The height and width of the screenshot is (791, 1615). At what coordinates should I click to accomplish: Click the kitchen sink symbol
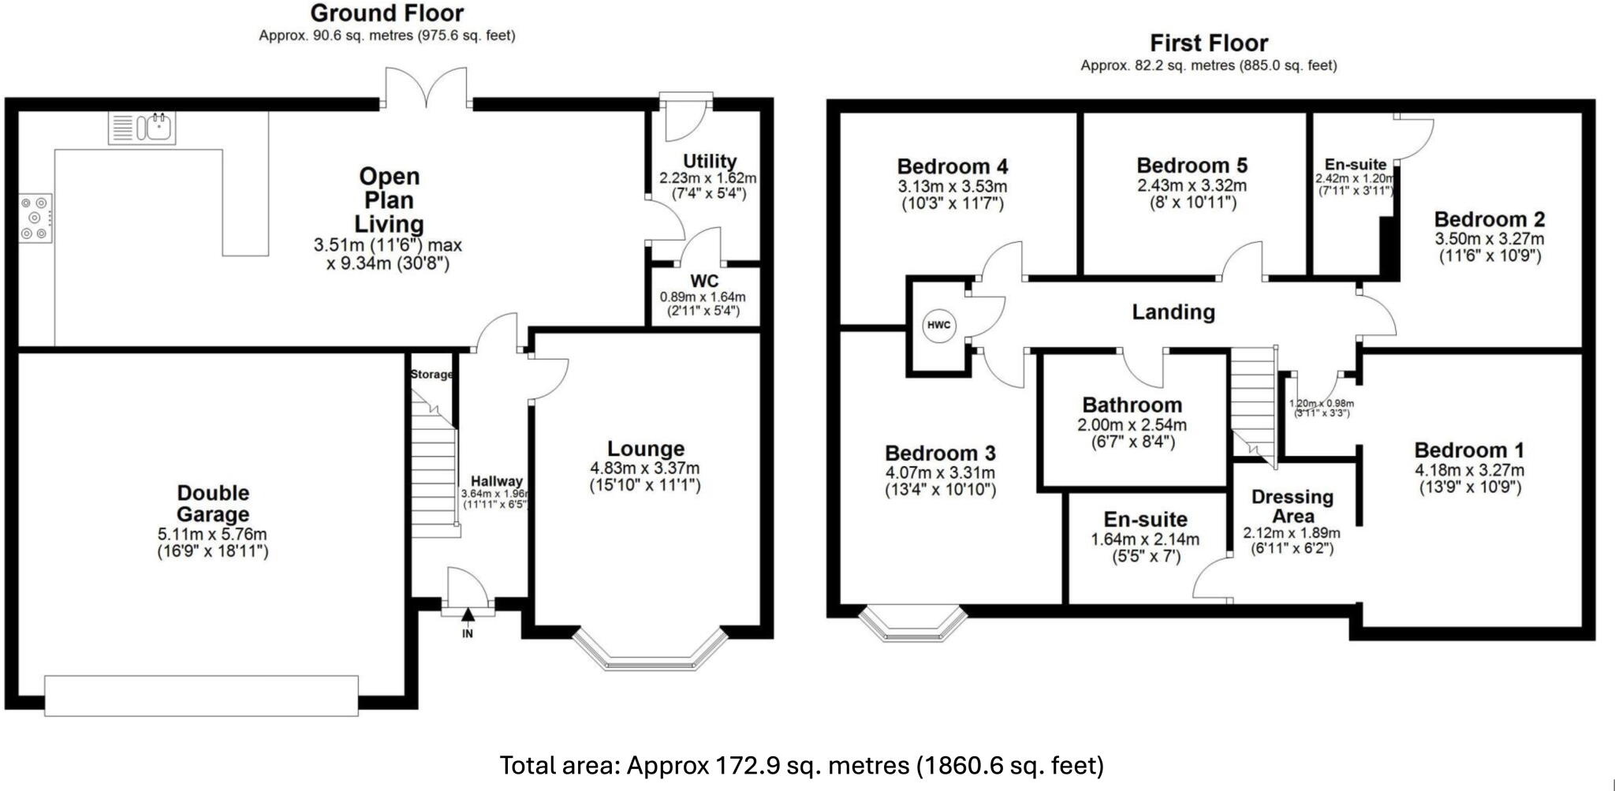click(143, 128)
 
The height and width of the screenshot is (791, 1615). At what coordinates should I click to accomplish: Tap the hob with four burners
click(35, 218)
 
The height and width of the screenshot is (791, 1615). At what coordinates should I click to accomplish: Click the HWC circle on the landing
click(938, 325)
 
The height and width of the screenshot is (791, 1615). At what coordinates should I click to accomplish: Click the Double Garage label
click(213, 503)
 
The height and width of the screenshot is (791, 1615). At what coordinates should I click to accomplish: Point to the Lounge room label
click(645, 449)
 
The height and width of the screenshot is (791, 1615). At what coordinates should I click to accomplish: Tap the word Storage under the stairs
click(431, 375)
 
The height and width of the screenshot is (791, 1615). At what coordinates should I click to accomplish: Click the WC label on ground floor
click(703, 282)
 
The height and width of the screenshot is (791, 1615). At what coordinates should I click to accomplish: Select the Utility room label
click(709, 162)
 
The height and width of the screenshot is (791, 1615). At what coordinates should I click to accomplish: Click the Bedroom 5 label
click(1192, 166)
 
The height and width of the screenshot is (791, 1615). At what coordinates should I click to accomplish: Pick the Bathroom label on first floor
click(1132, 405)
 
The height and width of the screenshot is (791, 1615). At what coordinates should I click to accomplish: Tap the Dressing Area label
click(1292, 506)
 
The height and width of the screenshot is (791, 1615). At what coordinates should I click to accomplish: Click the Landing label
click(1173, 312)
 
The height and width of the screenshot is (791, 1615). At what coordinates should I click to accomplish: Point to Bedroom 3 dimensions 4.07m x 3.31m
click(940, 473)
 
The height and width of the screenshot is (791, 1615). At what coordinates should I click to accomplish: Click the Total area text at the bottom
click(801, 765)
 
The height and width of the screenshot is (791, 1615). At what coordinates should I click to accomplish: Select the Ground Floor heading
click(386, 13)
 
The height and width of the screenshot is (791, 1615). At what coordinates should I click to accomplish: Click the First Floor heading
click(1208, 43)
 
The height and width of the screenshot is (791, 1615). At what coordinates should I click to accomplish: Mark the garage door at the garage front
click(201, 695)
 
